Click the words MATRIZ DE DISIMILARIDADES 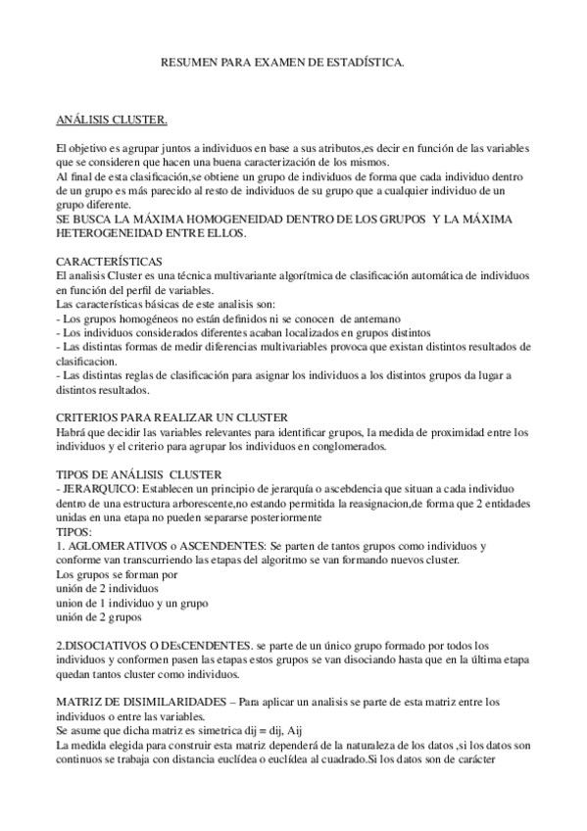133,702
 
